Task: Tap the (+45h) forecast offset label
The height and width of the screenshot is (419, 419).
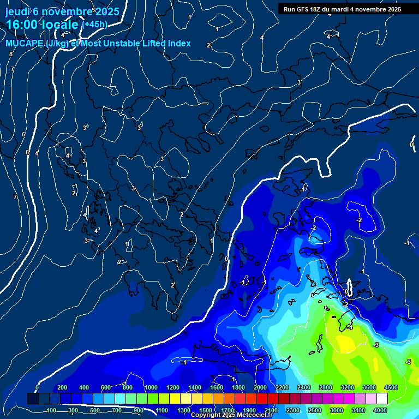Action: (x=94, y=25)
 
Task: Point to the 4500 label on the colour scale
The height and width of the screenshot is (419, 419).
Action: (x=391, y=387)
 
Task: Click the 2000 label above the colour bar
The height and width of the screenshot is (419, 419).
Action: (x=260, y=387)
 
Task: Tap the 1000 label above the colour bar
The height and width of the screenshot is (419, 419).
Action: (x=151, y=387)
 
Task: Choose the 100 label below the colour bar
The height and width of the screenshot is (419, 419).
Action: (x=51, y=410)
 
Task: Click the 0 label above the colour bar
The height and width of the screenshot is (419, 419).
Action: (x=37, y=387)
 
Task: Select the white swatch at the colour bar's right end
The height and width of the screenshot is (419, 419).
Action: (x=382, y=399)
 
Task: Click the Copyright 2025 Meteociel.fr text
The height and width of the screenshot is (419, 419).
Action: (x=231, y=415)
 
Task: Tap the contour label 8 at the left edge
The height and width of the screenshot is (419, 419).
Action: (x=10, y=54)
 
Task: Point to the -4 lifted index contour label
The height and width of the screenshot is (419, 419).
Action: (x=350, y=328)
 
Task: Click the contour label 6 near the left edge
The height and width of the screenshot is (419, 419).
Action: (x=23, y=134)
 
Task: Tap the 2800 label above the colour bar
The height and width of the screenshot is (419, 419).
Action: (x=326, y=387)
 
